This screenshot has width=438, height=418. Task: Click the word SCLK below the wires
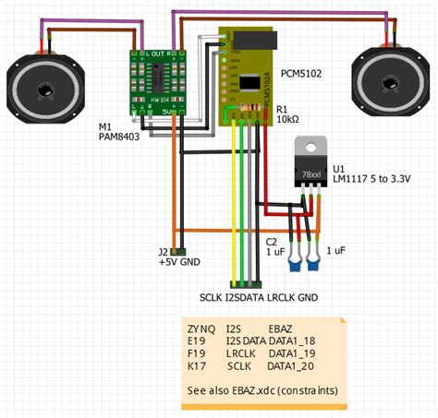coord(212,298)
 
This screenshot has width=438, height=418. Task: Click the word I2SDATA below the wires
coord(245,298)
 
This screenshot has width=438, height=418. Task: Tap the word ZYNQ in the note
coord(201,328)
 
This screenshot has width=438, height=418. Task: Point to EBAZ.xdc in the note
coord(255,390)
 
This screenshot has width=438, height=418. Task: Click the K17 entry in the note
coord(197,366)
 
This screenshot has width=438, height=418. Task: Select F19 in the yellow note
coord(197,353)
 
